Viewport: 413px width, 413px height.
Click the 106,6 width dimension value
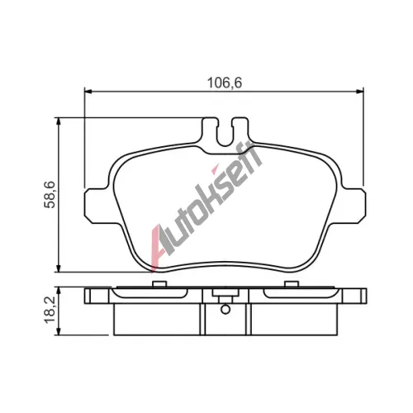coord(225,83)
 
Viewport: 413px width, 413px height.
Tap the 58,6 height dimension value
coord(50,195)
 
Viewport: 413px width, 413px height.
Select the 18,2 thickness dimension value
coord(50,311)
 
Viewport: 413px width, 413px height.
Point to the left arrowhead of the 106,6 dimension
coord(88,91)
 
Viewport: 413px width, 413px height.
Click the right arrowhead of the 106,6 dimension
coord(360,91)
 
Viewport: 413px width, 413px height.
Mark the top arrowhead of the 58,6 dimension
coord(58,121)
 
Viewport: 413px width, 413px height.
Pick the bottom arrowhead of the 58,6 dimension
coord(58,268)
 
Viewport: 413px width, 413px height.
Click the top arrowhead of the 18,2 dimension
coord(58,292)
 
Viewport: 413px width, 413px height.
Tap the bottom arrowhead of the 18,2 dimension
coord(58,331)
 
